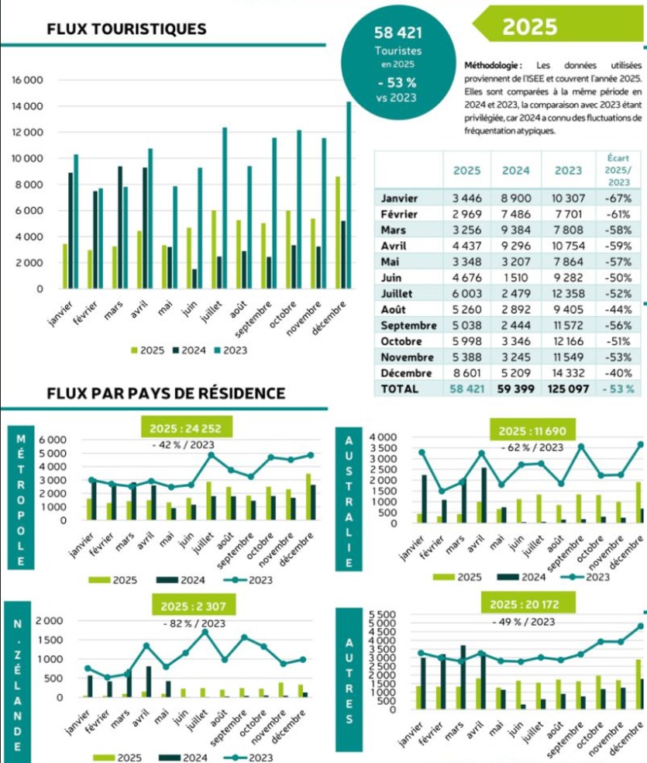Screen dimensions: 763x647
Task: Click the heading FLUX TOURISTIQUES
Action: click(x=126, y=29)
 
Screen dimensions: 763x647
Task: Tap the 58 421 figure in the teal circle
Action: click(x=396, y=33)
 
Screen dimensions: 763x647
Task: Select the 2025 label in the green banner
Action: click(x=529, y=26)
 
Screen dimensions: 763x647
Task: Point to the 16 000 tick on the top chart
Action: click(x=27, y=80)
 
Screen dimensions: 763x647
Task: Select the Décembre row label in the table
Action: click(x=406, y=373)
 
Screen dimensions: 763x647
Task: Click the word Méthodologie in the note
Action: click(x=492, y=65)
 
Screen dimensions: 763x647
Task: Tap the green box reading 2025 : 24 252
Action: click(x=186, y=427)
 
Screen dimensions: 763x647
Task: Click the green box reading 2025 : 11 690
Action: click(x=532, y=430)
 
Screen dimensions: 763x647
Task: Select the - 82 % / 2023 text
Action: click(x=194, y=623)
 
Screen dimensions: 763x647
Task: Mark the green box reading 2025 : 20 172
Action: click(x=532, y=602)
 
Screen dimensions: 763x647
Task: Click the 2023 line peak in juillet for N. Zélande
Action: click(x=205, y=632)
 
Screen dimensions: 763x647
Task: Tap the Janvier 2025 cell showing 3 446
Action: click(x=466, y=198)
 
